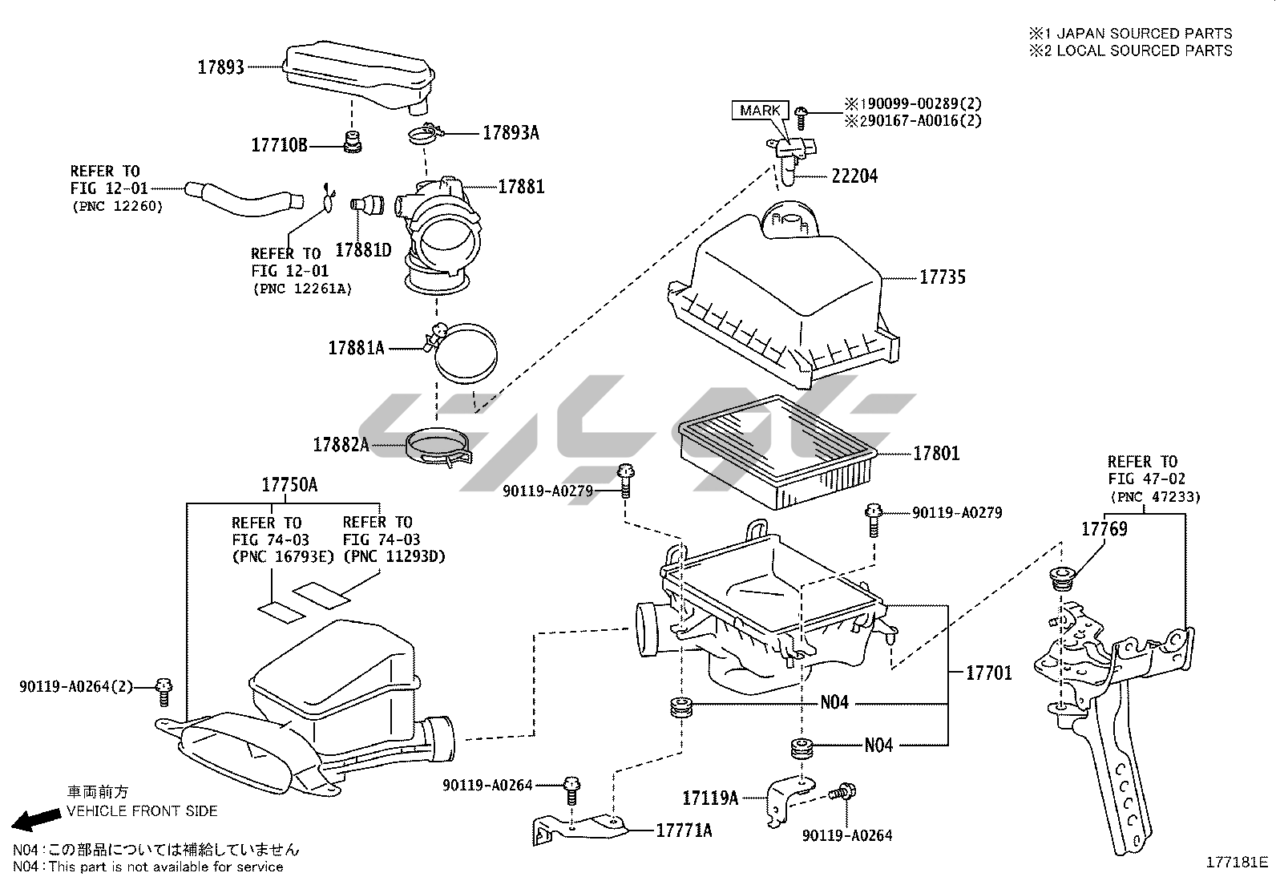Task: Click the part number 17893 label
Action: [220, 67]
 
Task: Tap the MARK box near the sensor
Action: [760, 111]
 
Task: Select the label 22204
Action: [854, 176]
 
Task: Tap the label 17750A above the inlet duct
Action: [289, 485]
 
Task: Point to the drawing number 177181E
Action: [1237, 863]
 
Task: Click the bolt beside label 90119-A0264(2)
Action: [165, 690]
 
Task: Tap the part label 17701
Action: [988, 673]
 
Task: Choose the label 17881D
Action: [363, 249]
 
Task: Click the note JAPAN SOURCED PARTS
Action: [1144, 33]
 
